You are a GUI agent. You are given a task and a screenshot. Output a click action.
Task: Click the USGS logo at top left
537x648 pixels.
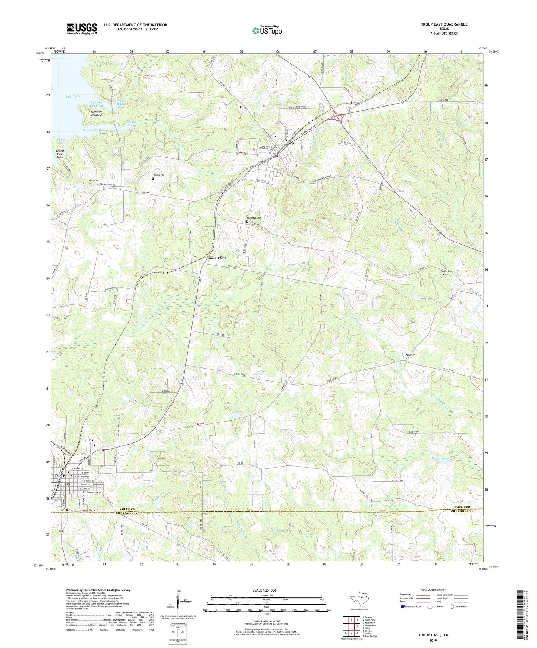coord(82,28)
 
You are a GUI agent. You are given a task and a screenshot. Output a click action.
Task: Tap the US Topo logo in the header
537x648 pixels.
coord(267,30)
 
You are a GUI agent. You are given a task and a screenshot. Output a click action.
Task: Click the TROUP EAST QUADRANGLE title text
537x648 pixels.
coord(444,24)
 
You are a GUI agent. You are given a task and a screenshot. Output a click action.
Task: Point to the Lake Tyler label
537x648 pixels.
coord(73,96)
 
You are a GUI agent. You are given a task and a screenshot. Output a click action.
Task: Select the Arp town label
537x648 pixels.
coord(291,143)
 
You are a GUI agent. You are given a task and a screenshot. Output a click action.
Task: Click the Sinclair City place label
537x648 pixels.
coord(216,258)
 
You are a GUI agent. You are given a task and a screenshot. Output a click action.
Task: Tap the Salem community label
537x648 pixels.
coord(410,355)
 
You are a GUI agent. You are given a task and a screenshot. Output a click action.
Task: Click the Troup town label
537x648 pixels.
coord(59,475)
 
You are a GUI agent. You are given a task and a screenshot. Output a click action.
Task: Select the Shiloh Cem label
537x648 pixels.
coord(93,181)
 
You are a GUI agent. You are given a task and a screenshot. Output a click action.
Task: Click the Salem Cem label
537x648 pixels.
coord(447,271)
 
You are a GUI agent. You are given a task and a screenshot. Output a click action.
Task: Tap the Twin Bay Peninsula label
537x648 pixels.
coord(96,113)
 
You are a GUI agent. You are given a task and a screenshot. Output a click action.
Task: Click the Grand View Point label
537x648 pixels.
coord(60,154)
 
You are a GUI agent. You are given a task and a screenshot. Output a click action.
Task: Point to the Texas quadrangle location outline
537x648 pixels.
coord(359,598)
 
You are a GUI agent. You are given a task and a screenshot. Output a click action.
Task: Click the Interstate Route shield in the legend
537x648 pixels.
coord(403,606)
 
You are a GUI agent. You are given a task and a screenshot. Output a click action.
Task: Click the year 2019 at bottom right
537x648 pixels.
coord(433,641)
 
